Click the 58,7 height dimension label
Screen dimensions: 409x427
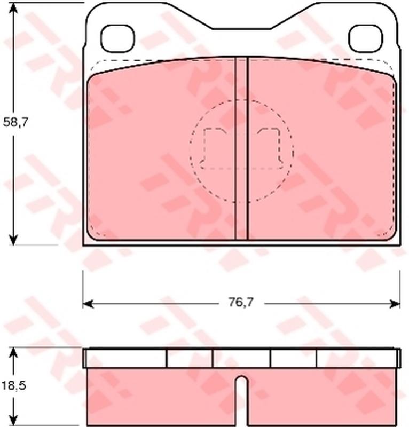[15, 123]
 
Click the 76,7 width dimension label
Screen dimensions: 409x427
[241, 302]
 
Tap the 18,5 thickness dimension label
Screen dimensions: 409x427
[14, 385]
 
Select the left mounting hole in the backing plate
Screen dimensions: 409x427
[117, 38]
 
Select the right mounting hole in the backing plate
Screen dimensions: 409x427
[366, 38]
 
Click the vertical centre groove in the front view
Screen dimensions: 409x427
[241, 148]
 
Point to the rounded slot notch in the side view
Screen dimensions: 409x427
[241, 401]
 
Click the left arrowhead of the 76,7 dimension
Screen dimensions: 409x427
[88, 304]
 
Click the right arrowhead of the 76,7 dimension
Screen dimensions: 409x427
[395, 304]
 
